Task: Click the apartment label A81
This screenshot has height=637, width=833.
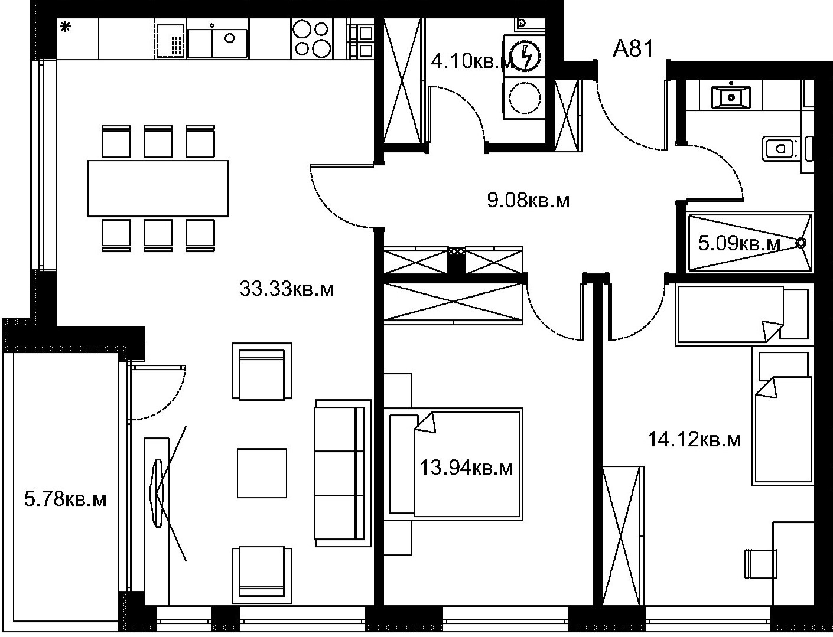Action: [x=633, y=49]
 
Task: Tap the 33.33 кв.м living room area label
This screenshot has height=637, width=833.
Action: [x=287, y=289]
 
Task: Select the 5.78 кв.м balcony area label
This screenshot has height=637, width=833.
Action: [x=65, y=499]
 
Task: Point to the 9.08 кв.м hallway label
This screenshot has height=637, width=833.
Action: [x=528, y=200]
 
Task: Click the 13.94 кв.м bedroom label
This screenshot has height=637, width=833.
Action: [x=466, y=468]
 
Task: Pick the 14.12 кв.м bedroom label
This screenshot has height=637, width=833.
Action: [x=694, y=440]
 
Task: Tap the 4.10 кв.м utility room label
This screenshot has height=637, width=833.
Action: [x=471, y=61]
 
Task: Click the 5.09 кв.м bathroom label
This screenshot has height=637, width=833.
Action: [x=739, y=243]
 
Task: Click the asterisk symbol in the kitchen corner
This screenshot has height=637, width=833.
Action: [x=66, y=27]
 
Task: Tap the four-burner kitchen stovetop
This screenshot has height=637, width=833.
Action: [x=311, y=39]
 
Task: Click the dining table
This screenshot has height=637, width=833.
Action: [x=158, y=188]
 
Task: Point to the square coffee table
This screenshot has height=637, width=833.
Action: [x=262, y=473]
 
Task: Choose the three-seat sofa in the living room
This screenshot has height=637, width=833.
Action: [x=343, y=473]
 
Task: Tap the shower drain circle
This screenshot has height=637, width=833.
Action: [x=801, y=243]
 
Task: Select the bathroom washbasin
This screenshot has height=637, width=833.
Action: [x=731, y=97]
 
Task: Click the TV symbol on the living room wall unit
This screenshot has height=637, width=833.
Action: [x=157, y=493]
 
